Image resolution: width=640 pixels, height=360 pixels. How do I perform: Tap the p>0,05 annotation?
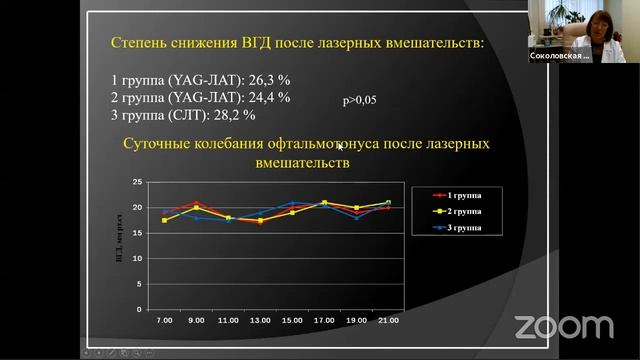[358, 101]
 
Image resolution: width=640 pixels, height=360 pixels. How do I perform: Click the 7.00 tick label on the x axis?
[164, 320]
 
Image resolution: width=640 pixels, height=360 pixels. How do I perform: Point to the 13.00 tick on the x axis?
[260, 320]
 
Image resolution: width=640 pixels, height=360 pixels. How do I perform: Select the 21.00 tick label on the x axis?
[388, 320]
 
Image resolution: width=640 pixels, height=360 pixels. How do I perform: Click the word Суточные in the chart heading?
[159, 144]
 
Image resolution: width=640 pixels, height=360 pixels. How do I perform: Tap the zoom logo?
[563, 326]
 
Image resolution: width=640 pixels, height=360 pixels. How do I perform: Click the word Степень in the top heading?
[141, 43]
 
